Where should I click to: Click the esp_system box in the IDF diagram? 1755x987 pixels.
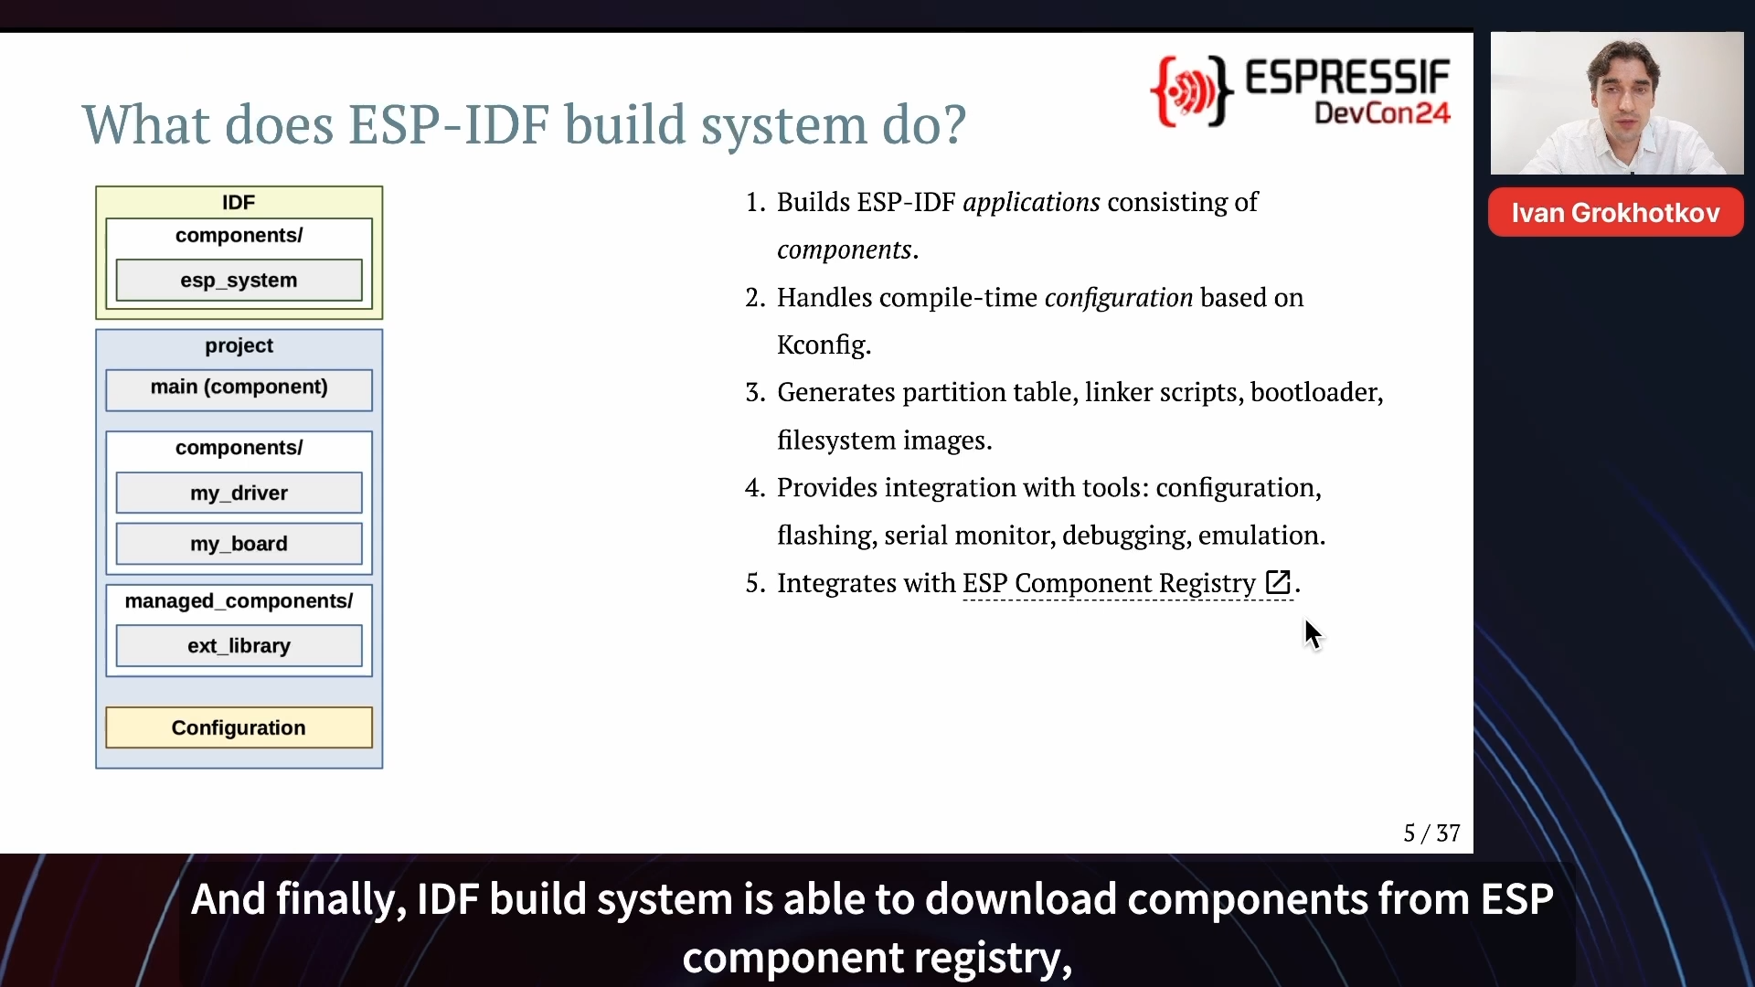tap(239, 280)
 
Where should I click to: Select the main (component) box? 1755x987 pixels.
tap(239, 389)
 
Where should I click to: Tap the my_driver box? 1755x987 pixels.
tap(239, 493)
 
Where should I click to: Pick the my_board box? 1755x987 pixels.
tap(239, 544)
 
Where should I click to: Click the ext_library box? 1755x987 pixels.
tap(239, 646)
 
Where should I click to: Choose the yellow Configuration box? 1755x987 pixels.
tap(239, 727)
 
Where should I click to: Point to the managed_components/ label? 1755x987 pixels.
tap(239, 601)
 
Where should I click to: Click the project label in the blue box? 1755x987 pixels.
tap(239, 345)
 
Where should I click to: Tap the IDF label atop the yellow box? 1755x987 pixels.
tap(239, 202)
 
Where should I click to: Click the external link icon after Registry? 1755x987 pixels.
tap(1278, 582)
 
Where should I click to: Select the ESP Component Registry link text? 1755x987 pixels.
tap(1109, 583)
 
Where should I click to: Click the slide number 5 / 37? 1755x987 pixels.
tap(1431, 833)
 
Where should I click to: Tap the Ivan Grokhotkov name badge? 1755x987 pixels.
tap(1615, 213)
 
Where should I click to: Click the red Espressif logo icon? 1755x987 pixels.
tap(1191, 90)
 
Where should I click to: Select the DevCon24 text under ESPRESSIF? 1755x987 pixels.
tap(1382, 113)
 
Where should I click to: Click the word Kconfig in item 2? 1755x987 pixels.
tap(824, 345)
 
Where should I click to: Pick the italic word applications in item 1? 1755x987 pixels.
tap(1031, 202)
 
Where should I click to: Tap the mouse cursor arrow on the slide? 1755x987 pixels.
tap(1314, 634)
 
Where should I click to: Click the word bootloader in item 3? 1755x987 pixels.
tap(1316, 392)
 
